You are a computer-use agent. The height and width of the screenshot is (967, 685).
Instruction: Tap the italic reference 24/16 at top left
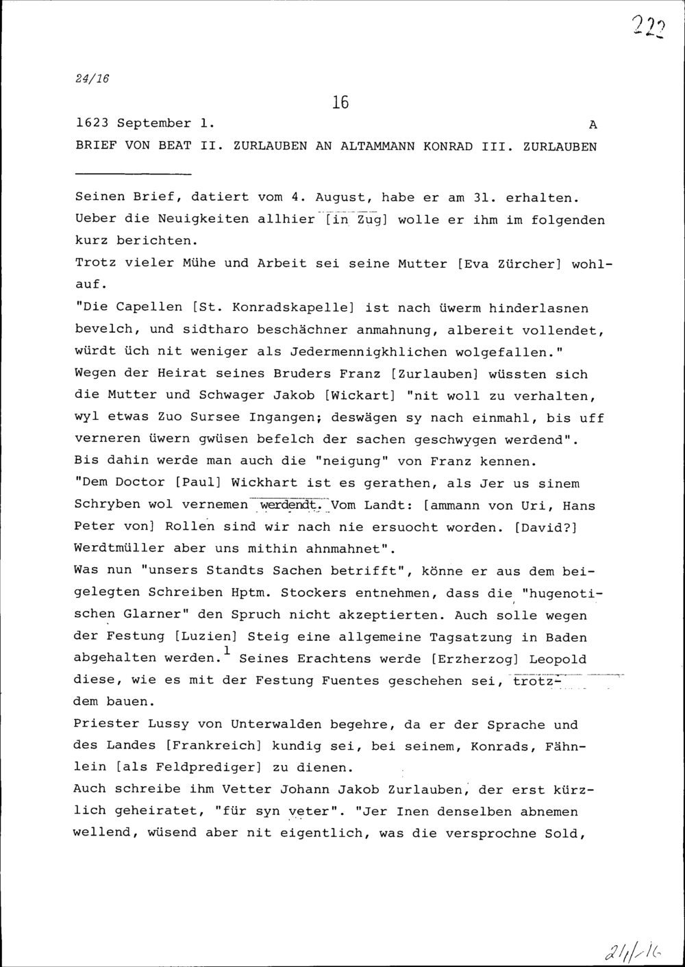point(92,79)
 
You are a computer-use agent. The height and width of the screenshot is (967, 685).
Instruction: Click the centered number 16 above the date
point(340,103)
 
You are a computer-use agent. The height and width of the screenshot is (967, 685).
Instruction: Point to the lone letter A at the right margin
point(593,125)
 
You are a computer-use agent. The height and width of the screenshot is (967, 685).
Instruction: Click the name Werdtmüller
point(119,549)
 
